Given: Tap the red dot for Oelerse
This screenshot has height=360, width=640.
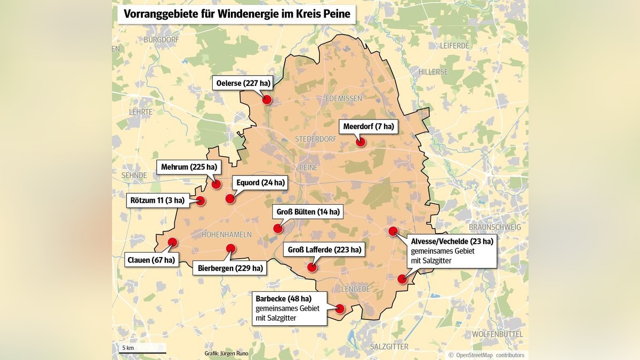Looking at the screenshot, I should point(267,100).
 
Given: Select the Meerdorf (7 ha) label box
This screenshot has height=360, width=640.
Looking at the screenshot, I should point(369,126).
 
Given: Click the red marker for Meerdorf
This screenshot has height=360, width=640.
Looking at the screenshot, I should point(361,142).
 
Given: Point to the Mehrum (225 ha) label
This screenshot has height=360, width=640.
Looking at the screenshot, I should point(189,167).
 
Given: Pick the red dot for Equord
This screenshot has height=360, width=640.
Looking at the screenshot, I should point(230,198).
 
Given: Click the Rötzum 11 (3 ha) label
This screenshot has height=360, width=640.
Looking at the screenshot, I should point(157,201).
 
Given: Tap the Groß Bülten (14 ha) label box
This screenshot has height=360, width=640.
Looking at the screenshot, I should point(308,212).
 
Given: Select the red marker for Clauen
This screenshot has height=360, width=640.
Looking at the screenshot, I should point(172,242).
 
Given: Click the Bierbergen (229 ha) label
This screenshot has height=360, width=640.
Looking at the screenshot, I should point(229,268).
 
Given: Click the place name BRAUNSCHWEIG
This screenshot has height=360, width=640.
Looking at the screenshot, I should point(495,227).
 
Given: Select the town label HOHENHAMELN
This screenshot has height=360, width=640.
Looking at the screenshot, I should point(226,235).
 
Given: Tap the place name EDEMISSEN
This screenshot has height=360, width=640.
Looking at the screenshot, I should point(343,99).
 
